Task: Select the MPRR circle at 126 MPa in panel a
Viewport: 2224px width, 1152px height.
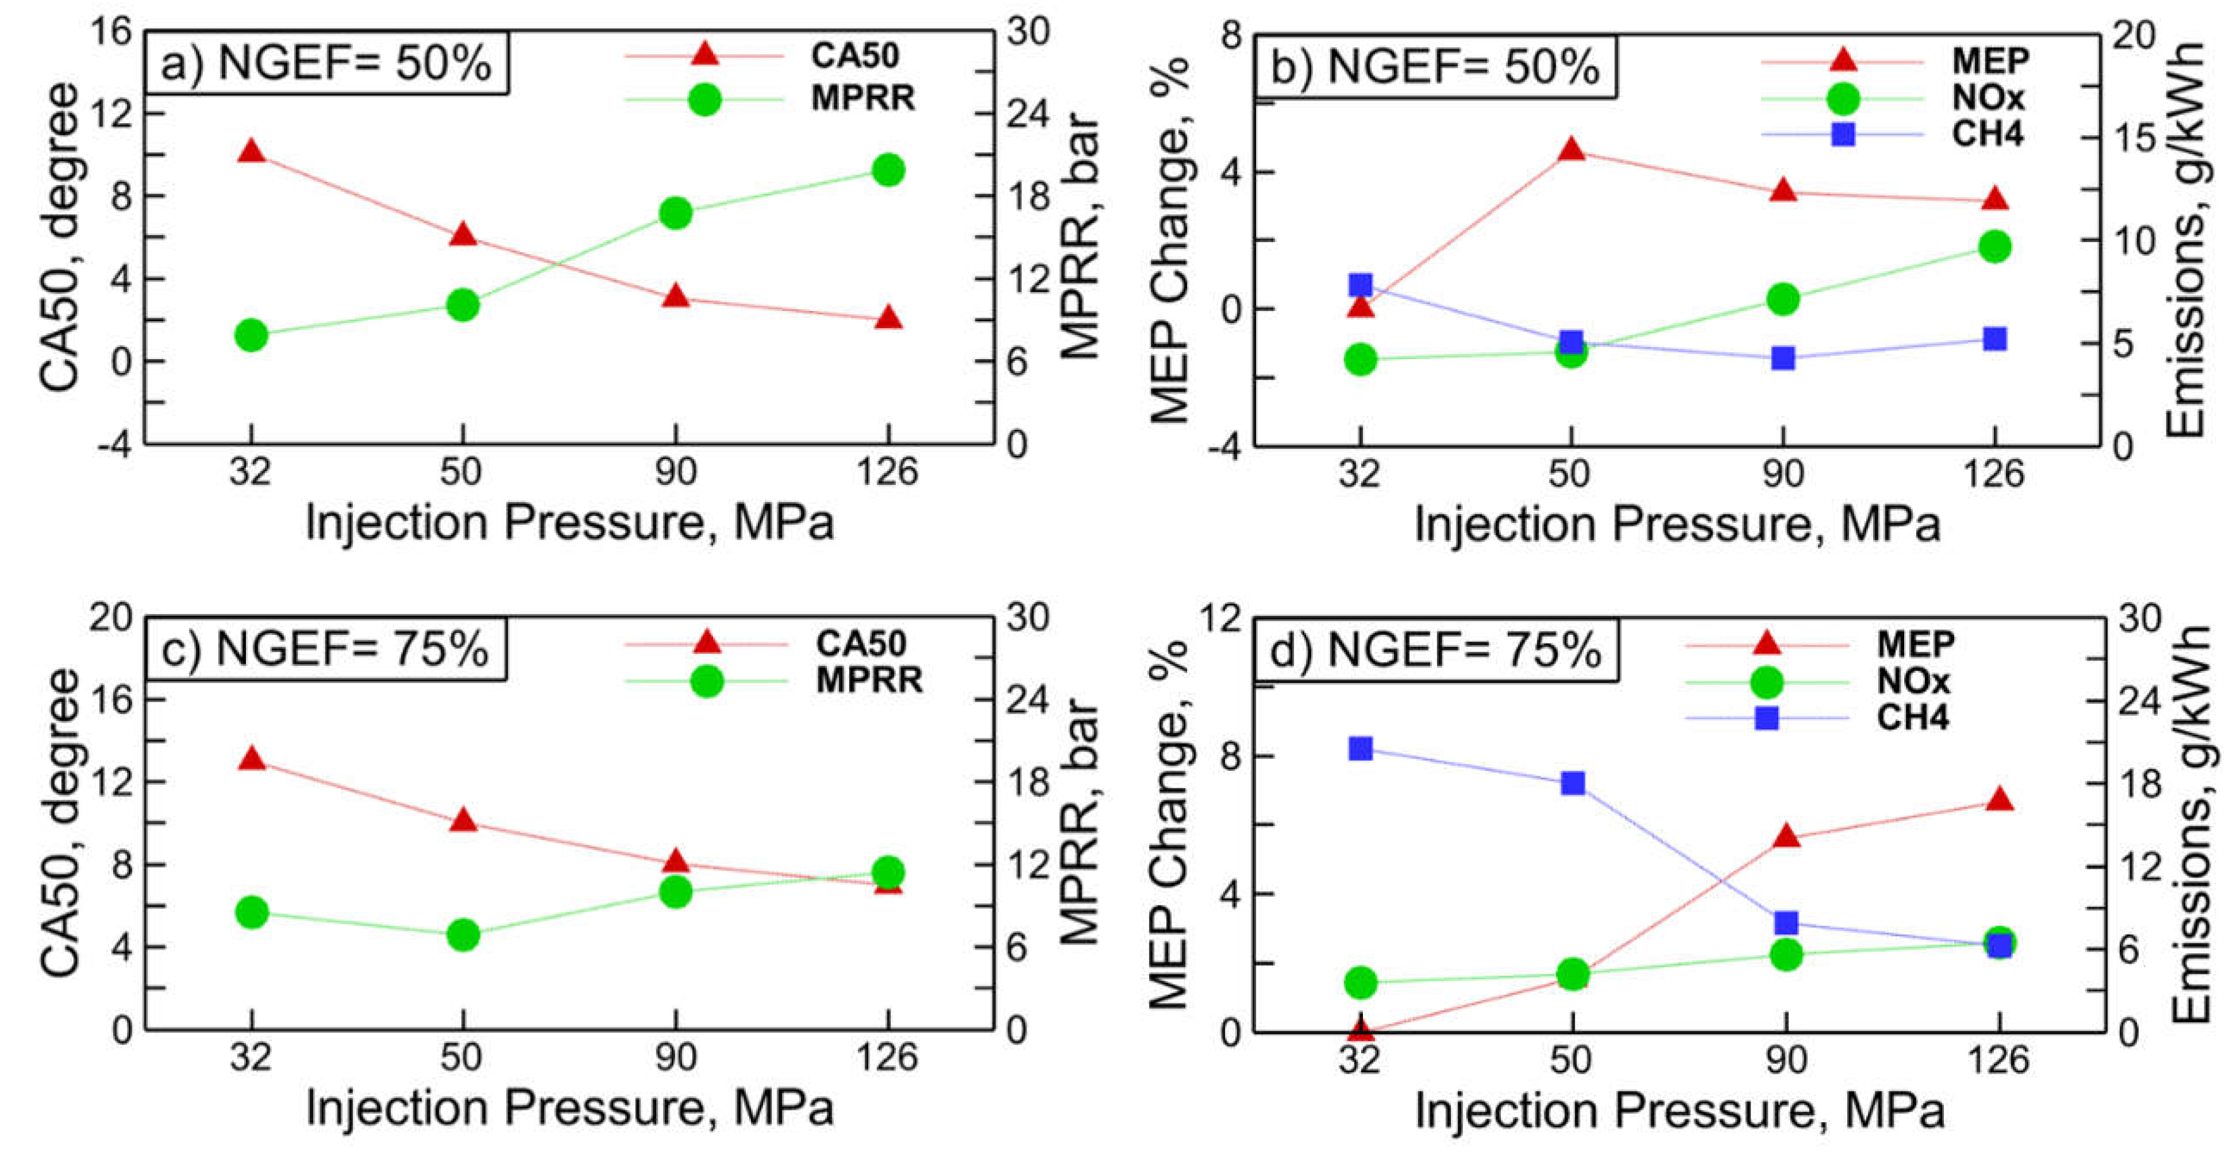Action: [888, 170]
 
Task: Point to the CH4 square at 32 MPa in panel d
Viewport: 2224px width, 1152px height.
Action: [1360, 749]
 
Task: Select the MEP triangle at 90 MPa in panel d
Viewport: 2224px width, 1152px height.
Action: [1785, 836]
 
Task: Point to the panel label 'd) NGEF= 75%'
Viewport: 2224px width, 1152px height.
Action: [1435, 650]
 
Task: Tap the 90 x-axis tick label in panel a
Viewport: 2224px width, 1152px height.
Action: [675, 472]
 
